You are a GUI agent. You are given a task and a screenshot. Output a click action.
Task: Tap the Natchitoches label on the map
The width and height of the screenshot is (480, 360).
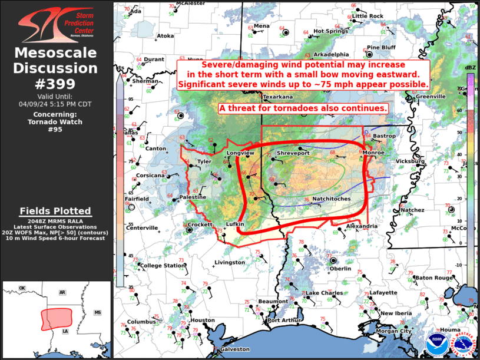point(331,199)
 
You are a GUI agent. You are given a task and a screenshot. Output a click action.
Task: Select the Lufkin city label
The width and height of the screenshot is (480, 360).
point(235,224)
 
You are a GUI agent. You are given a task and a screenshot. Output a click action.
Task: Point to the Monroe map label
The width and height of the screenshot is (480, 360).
point(374,153)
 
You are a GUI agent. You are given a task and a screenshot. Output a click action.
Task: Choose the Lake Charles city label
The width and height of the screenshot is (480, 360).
point(324,293)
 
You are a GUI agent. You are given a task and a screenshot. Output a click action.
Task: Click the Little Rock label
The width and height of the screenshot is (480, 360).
point(368,16)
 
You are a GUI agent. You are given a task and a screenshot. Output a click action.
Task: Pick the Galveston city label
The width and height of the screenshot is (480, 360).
point(235,349)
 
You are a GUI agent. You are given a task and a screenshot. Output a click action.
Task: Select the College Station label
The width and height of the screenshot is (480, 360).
point(162,266)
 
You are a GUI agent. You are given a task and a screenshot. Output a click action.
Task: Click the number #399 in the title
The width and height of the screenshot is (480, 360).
point(56,83)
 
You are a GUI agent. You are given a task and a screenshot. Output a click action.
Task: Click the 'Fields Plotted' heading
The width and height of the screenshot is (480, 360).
point(55,211)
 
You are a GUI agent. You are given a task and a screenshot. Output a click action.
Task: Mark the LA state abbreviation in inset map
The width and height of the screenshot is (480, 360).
point(65,332)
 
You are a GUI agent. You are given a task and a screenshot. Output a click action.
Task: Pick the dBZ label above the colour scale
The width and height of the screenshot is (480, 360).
point(470,68)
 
